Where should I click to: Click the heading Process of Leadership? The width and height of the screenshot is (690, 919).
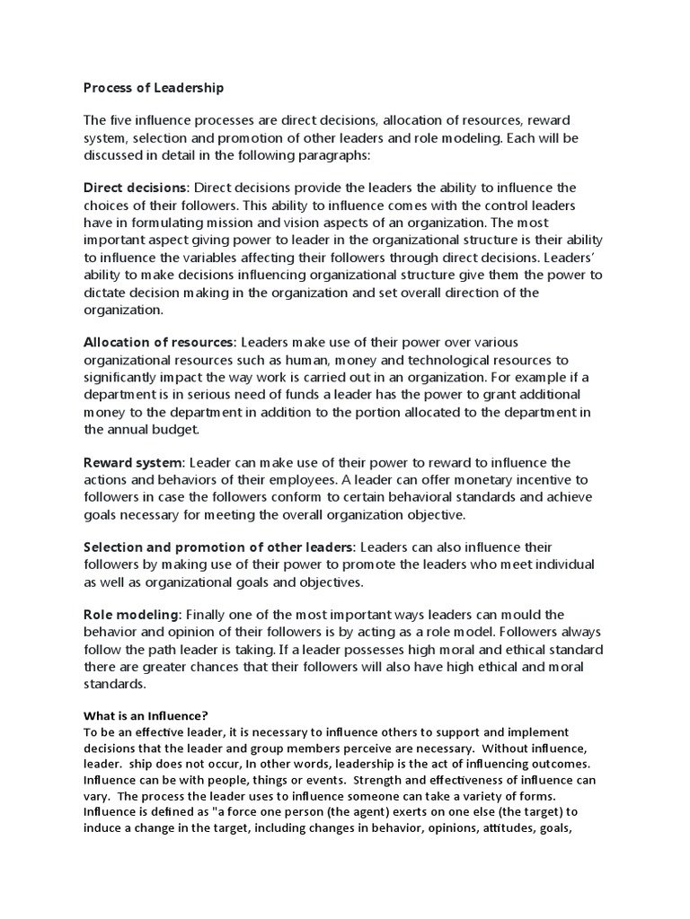point(154,88)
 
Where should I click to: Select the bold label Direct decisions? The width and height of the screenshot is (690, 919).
point(136,188)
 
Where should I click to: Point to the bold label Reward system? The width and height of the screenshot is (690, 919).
point(133,463)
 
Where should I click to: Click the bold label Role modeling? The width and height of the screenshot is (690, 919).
point(132,615)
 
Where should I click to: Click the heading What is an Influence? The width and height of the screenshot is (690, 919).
point(146,715)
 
